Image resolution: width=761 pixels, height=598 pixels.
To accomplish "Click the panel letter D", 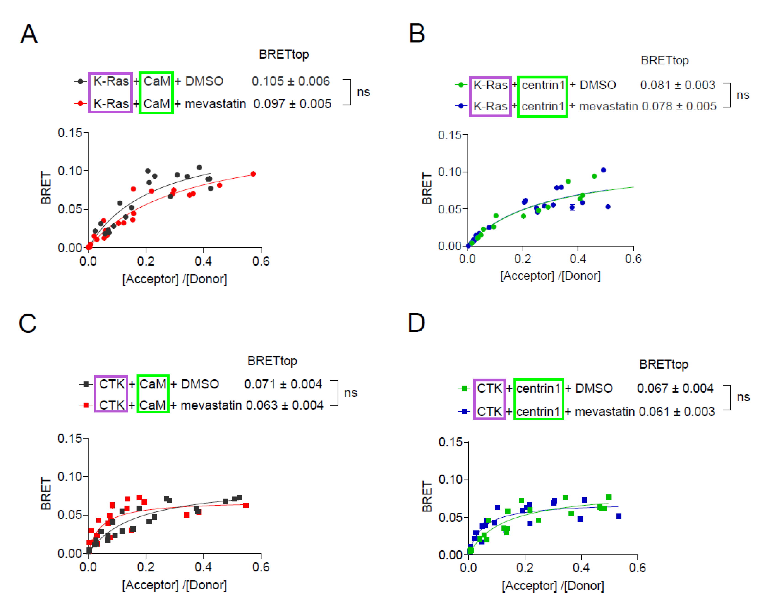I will pos(416,323).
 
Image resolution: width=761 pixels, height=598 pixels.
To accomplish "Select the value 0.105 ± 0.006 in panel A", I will pos(291,81).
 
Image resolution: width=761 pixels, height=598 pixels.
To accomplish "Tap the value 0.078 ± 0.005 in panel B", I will pos(679,106).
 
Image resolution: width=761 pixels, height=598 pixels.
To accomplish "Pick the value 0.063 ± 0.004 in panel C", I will pos(284,405).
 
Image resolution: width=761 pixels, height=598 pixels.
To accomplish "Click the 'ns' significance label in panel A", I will pos(363,92).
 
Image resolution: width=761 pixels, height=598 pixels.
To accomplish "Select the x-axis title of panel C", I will pos(174,585).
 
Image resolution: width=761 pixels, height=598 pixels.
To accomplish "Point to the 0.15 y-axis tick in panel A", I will pos(70,133).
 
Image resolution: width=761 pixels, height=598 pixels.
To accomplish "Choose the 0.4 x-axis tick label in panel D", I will pos(581,568).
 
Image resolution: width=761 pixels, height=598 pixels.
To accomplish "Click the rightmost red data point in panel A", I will pos(253,174).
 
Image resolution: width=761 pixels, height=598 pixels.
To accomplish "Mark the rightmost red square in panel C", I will pos(246,505).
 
